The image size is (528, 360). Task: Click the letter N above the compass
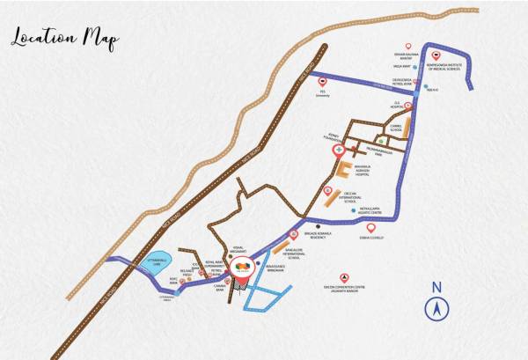(x=436, y=287)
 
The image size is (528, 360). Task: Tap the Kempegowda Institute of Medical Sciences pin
(x=436, y=55)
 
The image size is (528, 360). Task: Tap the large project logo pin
(x=242, y=267)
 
